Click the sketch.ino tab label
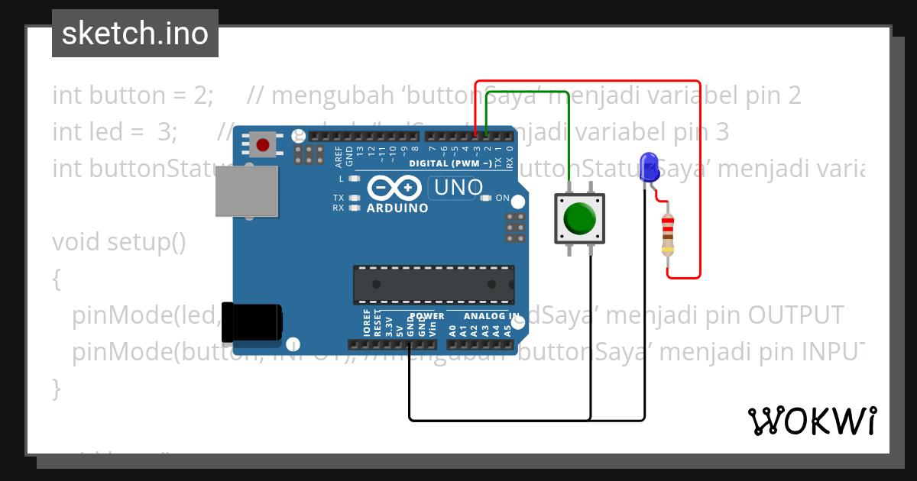135,34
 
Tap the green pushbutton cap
580,219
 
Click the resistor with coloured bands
668,234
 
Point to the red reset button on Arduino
264,144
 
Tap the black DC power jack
251,321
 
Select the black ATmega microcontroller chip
433,283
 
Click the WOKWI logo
812,421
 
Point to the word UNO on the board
458,187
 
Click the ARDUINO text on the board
397,208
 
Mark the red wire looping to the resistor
699,176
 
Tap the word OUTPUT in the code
795,315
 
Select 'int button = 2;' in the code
133,95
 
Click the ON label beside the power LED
502,198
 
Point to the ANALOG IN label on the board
493,316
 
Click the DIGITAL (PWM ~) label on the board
450,163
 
